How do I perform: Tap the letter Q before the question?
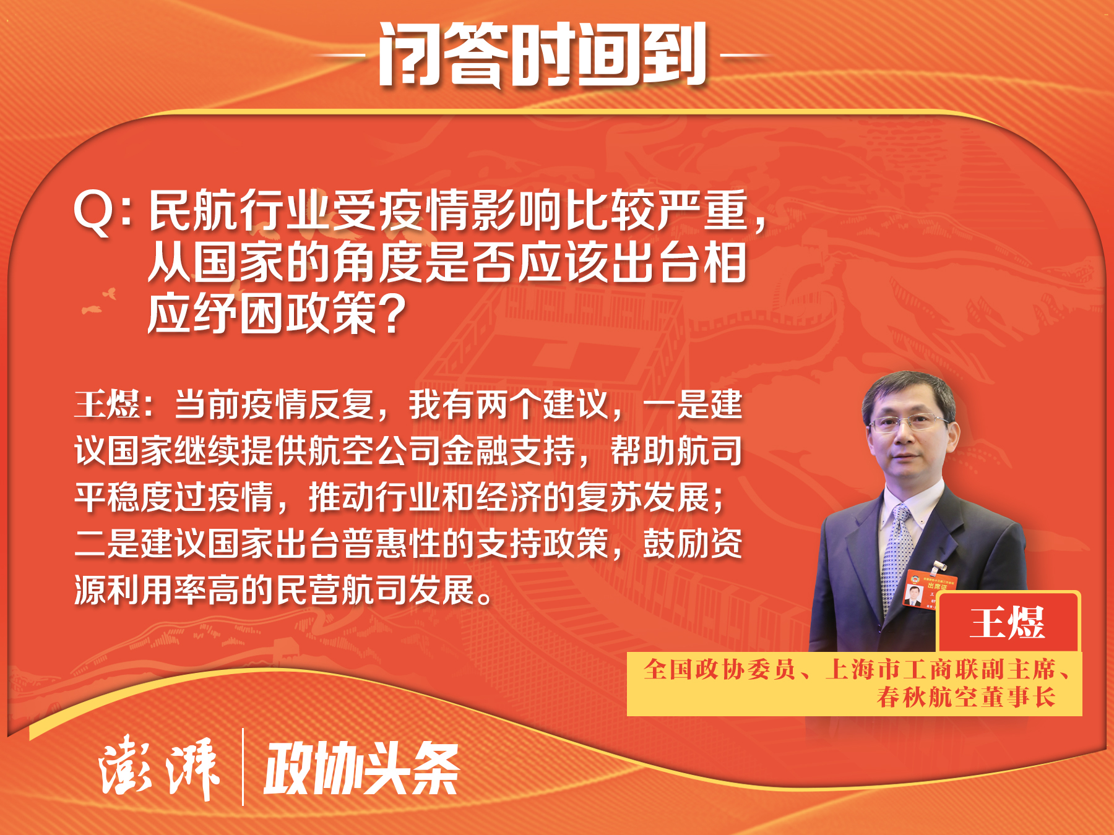tap(93, 212)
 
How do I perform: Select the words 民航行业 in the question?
tap(238, 211)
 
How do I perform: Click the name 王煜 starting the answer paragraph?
tap(107, 405)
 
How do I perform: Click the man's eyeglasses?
tap(908, 424)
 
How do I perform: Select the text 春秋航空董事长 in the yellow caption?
tap(966, 697)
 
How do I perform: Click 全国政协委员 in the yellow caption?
tap(719, 669)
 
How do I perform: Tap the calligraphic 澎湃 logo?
tap(159, 767)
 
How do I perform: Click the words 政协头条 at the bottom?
tap(362, 768)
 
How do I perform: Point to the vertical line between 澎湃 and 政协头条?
tap(243, 767)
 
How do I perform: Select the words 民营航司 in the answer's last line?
tap(342, 590)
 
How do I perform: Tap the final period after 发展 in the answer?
tap(486, 598)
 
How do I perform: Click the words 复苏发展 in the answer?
tap(643, 497)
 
